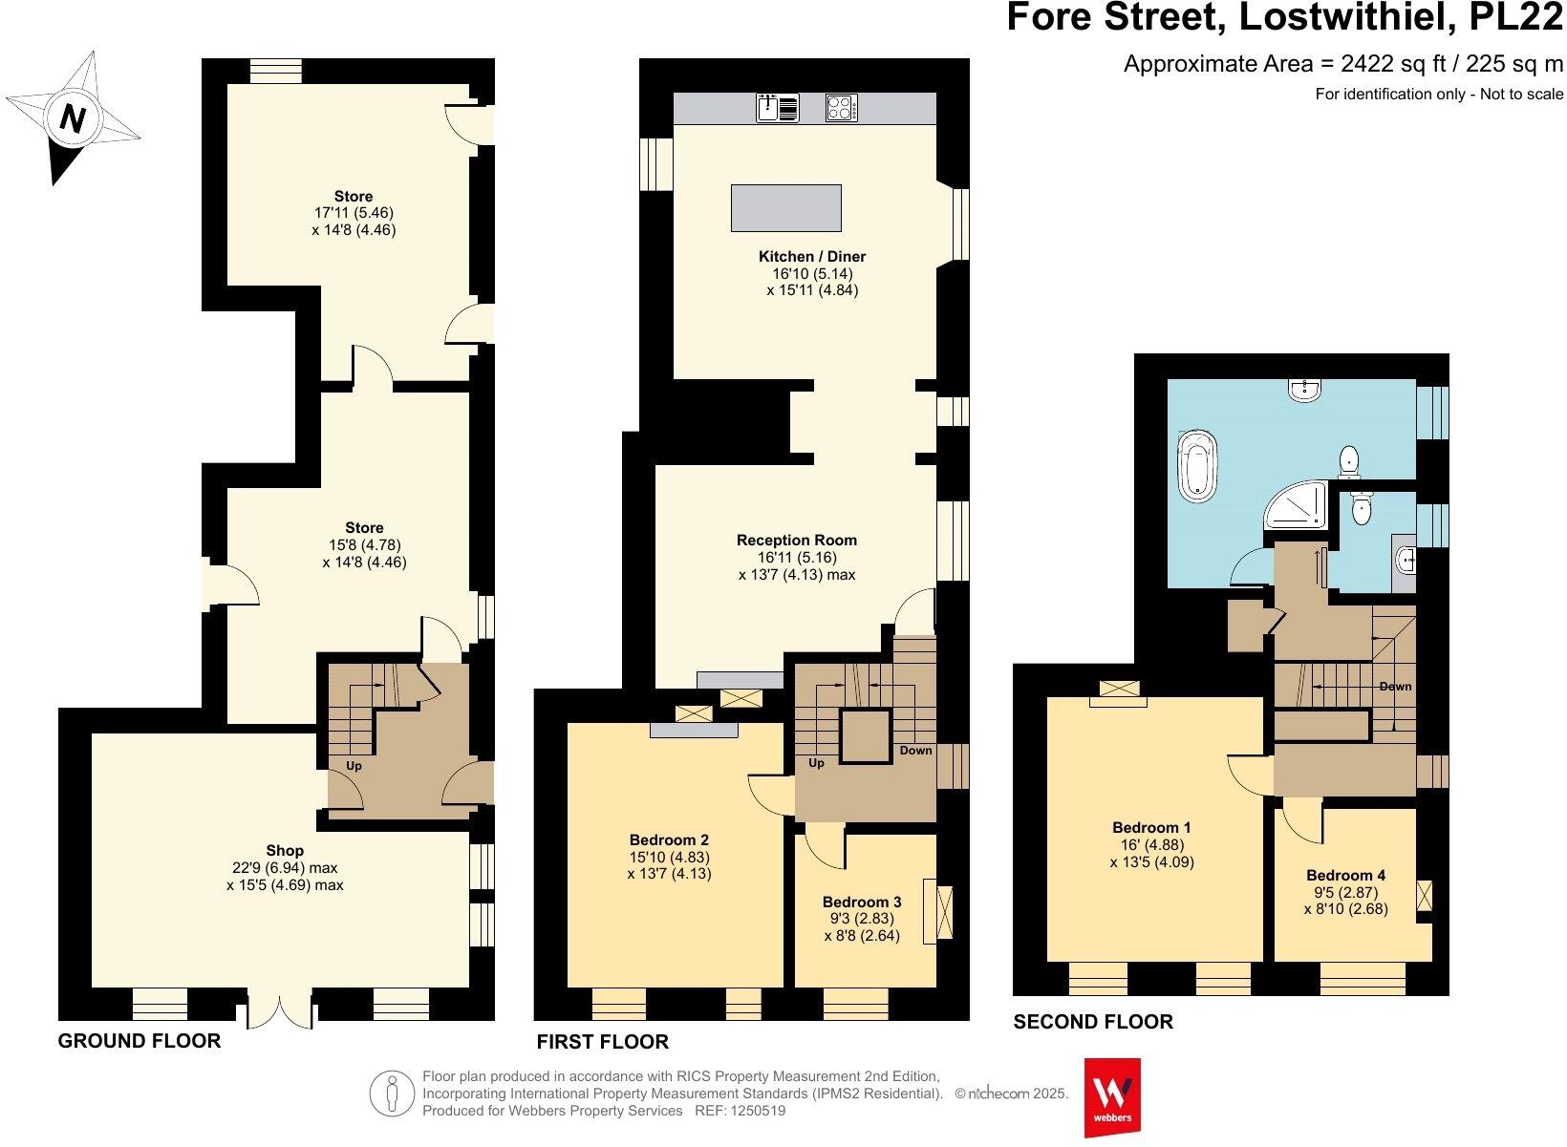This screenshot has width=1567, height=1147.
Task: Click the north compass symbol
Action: tap(73, 118)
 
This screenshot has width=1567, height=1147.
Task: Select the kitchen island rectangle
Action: tap(786, 207)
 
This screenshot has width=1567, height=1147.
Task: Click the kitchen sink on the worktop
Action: tap(778, 108)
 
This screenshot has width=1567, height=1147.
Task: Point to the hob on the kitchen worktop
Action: tap(842, 108)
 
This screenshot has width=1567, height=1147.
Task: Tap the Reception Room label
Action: tap(797, 540)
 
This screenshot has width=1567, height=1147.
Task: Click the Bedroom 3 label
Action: tap(862, 902)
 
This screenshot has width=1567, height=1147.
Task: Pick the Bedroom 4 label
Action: tap(1345, 875)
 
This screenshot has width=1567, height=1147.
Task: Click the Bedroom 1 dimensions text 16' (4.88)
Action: tap(1151, 844)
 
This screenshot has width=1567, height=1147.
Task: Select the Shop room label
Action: tap(285, 850)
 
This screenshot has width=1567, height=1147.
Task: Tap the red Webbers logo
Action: tap(1112, 1096)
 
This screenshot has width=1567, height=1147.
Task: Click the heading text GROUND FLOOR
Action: tap(140, 1040)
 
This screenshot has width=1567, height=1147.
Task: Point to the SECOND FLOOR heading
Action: tap(1093, 1021)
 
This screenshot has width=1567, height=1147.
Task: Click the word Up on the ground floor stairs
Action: tap(354, 765)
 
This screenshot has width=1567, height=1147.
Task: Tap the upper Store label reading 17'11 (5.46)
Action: tap(354, 213)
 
